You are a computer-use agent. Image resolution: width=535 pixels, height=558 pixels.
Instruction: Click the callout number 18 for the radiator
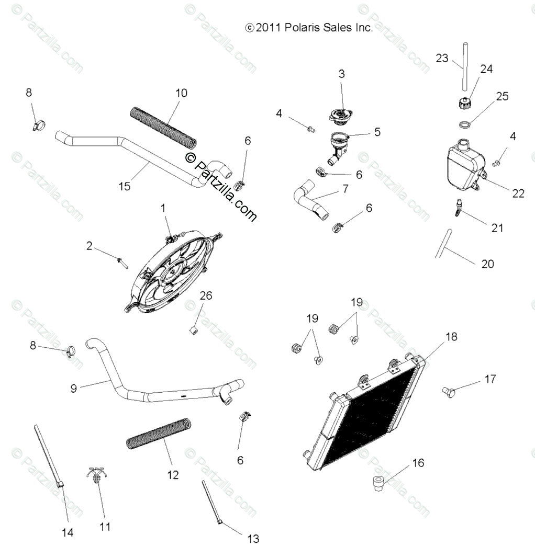point(451,337)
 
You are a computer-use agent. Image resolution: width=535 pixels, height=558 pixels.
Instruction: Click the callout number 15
point(125,186)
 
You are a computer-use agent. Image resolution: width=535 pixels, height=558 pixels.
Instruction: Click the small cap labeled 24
point(463,102)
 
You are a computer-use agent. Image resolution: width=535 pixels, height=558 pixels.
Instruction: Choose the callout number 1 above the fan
point(163,208)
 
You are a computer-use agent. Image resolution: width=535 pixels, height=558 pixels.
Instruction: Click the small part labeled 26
point(193,330)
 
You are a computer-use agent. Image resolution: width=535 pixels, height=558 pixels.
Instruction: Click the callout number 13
point(253,539)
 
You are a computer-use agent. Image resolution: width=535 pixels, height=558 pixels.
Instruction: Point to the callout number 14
point(68,532)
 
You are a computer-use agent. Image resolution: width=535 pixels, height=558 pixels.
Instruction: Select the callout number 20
point(487,264)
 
